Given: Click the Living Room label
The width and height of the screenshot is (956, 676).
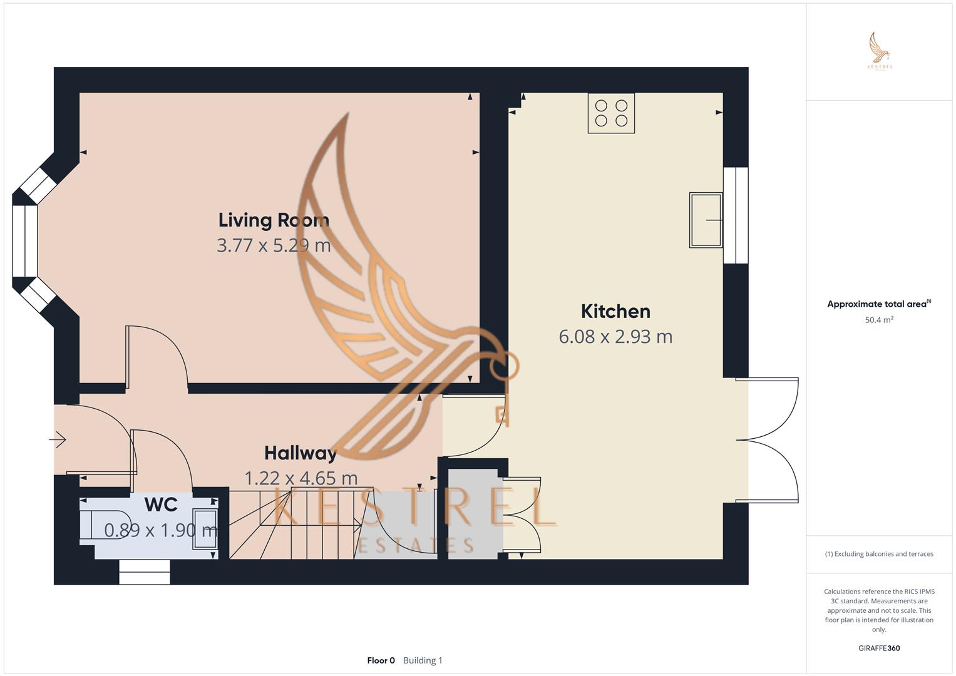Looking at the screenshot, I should pyautogui.click(x=274, y=220).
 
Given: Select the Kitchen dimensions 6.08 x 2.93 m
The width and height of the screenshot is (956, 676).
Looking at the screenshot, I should pyautogui.click(x=615, y=337).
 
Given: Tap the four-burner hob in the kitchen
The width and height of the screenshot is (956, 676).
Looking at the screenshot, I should pyautogui.click(x=611, y=113).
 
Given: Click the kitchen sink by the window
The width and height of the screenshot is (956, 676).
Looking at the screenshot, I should pyautogui.click(x=706, y=220).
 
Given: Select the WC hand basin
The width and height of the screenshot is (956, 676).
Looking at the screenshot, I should pyautogui.click(x=205, y=529).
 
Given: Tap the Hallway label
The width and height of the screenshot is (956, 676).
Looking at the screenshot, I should pyautogui.click(x=301, y=453).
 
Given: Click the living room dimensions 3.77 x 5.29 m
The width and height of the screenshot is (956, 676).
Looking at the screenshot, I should pyautogui.click(x=274, y=245).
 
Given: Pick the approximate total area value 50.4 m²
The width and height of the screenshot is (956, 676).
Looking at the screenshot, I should pyautogui.click(x=879, y=320).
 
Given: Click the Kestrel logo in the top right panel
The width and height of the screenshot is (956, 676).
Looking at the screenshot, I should pyautogui.click(x=880, y=51).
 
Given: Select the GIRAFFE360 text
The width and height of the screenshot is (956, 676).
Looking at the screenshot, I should pyautogui.click(x=879, y=648).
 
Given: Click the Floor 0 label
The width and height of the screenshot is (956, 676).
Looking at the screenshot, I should pyautogui.click(x=381, y=660).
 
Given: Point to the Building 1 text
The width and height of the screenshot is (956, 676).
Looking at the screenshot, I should pyautogui.click(x=423, y=660).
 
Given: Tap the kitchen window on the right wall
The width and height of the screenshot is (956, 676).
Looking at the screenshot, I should pyautogui.click(x=736, y=215).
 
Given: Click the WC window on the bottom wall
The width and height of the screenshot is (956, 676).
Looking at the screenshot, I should pyautogui.click(x=145, y=572).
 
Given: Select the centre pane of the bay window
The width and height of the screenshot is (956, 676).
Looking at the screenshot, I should pyautogui.click(x=25, y=241).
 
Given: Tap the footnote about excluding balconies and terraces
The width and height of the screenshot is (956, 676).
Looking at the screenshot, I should pyautogui.click(x=879, y=554).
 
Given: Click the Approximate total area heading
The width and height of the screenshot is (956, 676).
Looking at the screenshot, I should pyautogui.click(x=876, y=304).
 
